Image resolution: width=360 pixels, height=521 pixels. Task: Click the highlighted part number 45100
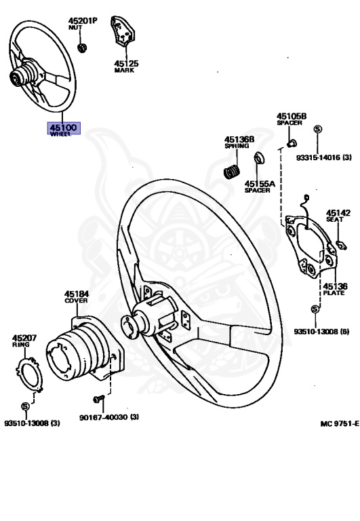64,127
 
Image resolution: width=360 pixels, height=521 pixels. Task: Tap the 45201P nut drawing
82,47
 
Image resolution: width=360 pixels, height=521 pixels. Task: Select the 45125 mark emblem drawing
122,31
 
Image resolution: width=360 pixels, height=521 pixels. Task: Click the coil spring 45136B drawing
231,171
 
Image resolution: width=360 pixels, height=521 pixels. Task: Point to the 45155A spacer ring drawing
259,158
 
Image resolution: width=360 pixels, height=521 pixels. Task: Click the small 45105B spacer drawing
292,144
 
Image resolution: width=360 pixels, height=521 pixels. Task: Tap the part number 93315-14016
318,157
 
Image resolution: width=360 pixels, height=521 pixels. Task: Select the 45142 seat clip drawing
341,245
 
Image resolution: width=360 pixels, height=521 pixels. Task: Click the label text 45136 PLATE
335,289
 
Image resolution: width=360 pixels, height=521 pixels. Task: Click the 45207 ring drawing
30,374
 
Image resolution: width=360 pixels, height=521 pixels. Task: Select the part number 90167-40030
104,417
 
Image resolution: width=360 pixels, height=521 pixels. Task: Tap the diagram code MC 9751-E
340,423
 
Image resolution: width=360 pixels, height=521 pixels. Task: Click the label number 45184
77,294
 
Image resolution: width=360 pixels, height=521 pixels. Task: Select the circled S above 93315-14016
318,130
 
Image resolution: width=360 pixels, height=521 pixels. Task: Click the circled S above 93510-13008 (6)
315,309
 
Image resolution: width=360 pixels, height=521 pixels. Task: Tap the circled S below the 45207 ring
25,406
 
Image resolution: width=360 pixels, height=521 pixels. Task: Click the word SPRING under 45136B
237,146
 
